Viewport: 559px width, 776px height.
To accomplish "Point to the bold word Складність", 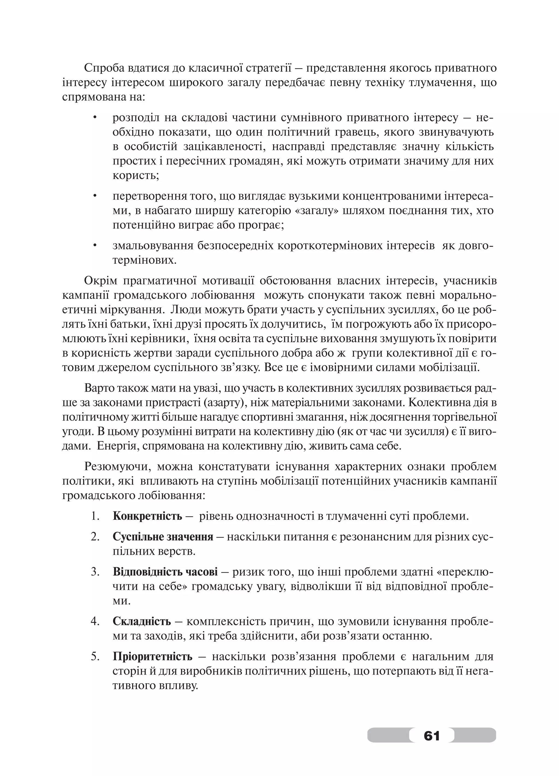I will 142,621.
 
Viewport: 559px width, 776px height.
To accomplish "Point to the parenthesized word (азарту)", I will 224,403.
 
